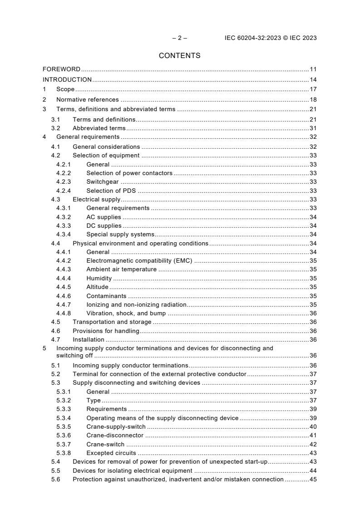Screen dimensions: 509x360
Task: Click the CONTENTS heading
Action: click(x=180, y=56)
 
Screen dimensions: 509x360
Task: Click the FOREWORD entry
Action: click(x=61, y=69)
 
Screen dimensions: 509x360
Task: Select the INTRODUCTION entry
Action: click(x=67, y=80)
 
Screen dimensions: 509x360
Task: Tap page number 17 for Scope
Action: click(x=313, y=89)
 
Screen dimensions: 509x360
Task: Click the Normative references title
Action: click(x=87, y=99)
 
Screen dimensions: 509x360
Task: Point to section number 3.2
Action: click(x=56, y=128)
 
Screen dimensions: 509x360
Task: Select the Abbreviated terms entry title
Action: click(x=99, y=128)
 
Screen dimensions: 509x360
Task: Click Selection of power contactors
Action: click(x=129, y=173)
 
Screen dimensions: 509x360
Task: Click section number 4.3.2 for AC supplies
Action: click(x=64, y=217)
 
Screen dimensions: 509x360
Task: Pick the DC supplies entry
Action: click(x=104, y=225)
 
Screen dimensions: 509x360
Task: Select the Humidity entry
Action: click(x=99, y=278)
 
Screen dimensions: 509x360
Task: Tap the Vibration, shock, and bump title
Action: click(x=126, y=313)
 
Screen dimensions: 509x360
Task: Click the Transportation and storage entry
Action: click(x=112, y=322)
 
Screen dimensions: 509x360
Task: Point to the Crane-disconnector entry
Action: click(x=115, y=436)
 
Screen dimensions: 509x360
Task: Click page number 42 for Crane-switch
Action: click(x=313, y=444)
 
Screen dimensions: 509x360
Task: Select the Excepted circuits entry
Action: click(x=111, y=453)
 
